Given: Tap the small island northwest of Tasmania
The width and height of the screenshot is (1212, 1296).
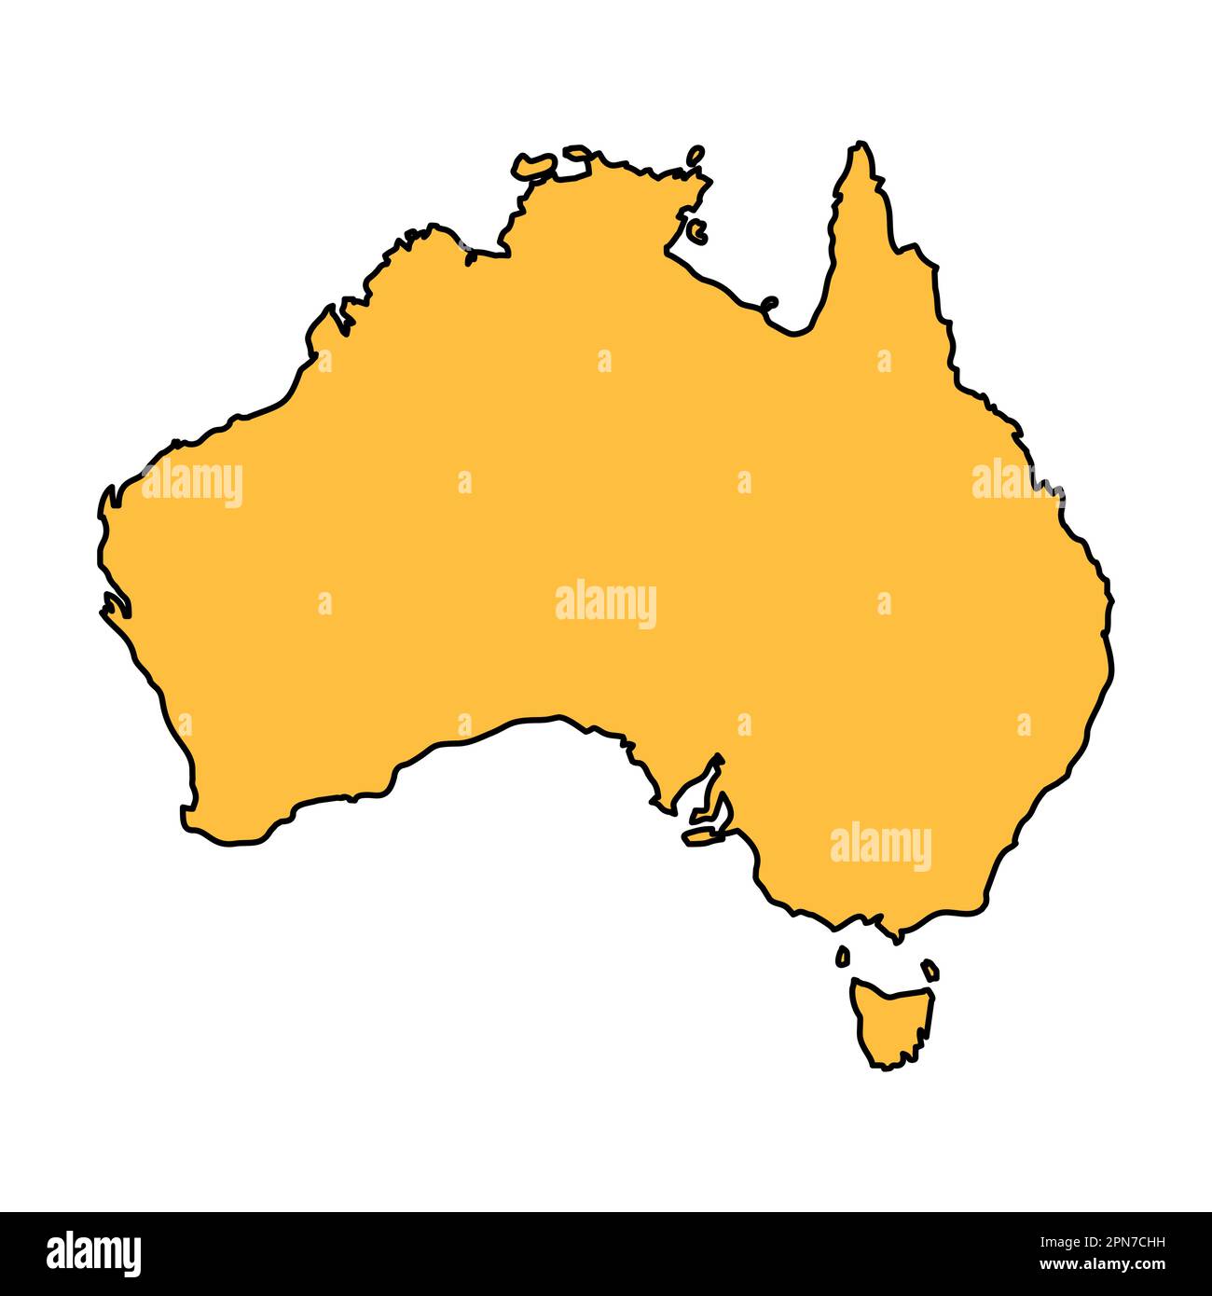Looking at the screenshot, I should pos(843,956).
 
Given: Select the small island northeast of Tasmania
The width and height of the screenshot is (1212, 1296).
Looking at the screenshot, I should pos(930,970).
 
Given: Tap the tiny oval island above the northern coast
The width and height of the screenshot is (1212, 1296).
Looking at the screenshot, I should pos(696,155).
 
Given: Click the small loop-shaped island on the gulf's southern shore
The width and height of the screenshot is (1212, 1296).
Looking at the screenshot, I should pos(770,303).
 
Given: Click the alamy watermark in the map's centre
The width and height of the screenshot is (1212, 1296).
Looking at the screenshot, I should pos(606,604).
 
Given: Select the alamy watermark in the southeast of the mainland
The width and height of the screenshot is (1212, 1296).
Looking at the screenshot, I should pos(880,846).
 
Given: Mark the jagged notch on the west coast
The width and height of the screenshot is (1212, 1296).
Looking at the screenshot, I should pos(114,606).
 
